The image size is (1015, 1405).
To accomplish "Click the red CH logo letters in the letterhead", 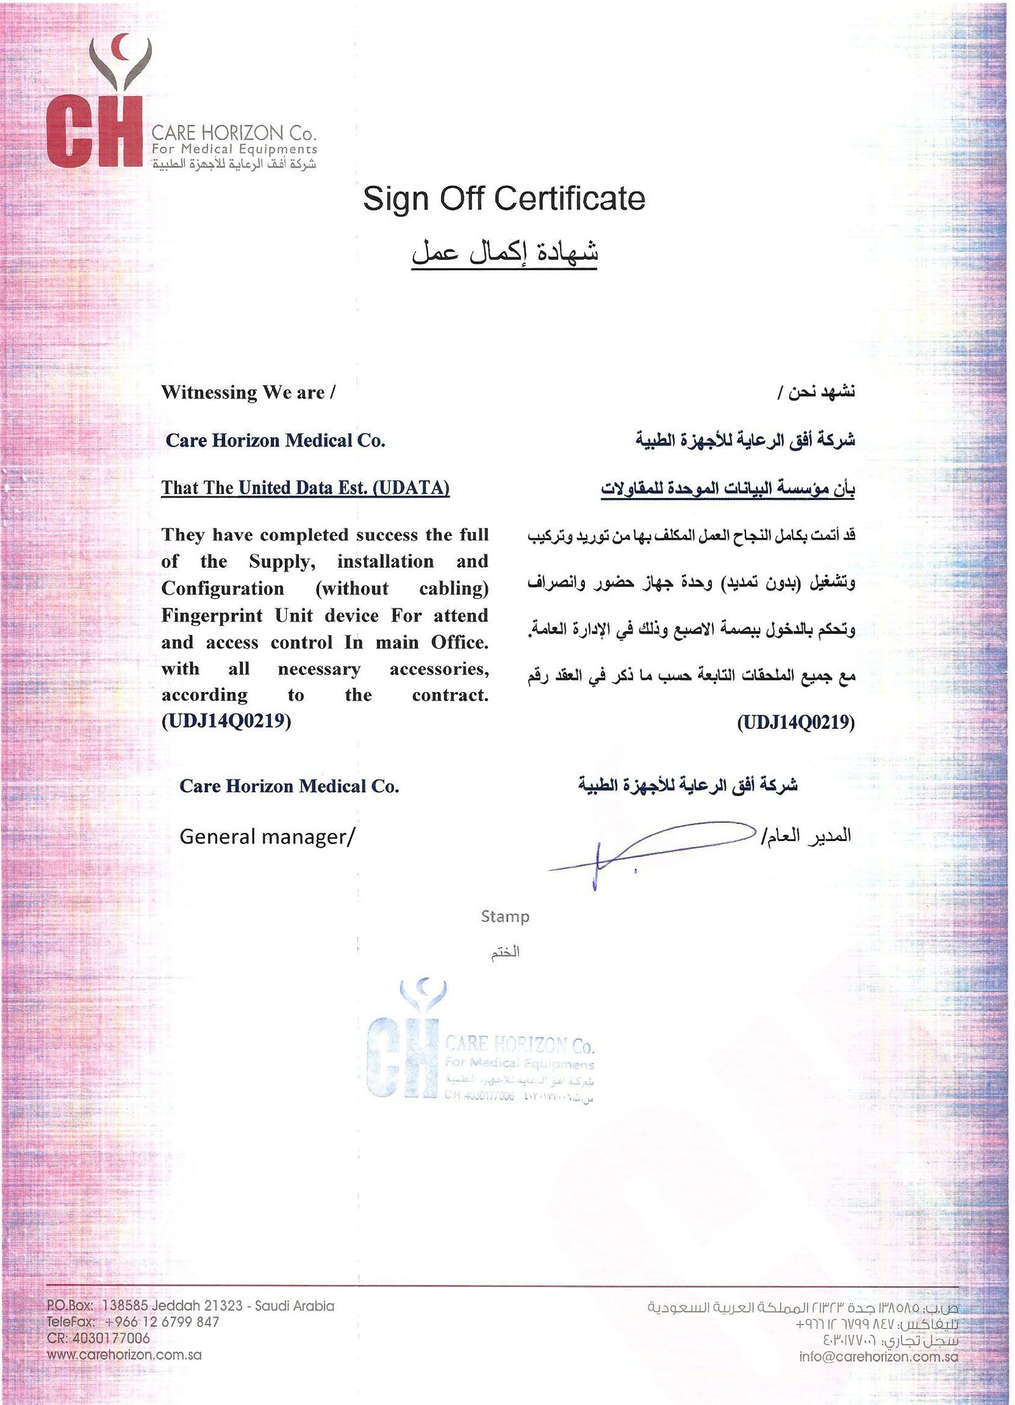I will pyautogui.click(x=94, y=132).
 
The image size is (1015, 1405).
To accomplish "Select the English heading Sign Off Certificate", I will pyautogui.click(x=504, y=199).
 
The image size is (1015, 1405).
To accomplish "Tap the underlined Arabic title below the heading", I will pyautogui.click(x=504, y=252).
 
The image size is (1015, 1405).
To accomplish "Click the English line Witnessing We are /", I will pyautogui.click(x=248, y=393).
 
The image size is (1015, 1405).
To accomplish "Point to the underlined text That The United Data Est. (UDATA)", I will pyautogui.click(x=305, y=488).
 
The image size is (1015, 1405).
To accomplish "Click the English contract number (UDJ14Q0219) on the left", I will pyautogui.click(x=226, y=721).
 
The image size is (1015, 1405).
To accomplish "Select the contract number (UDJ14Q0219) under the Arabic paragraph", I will pyautogui.click(x=796, y=722).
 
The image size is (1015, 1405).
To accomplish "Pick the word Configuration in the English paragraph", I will pyautogui.click(x=223, y=589).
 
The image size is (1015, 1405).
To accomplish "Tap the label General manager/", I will pyautogui.click(x=267, y=837).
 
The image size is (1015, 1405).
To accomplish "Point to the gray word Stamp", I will pyautogui.click(x=505, y=917).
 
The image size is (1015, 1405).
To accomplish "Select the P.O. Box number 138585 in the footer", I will pyautogui.click(x=125, y=1305).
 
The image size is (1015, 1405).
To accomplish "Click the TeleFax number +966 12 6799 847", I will pyautogui.click(x=162, y=1322).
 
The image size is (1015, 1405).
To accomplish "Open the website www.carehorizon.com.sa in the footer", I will pyautogui.click(x=124, y=1355).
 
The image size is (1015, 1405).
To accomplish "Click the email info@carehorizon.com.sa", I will pyautogui.click(x=879, y=1357).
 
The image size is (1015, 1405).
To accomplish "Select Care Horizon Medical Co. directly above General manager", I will pyautogui.click(x=289, y=787).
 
